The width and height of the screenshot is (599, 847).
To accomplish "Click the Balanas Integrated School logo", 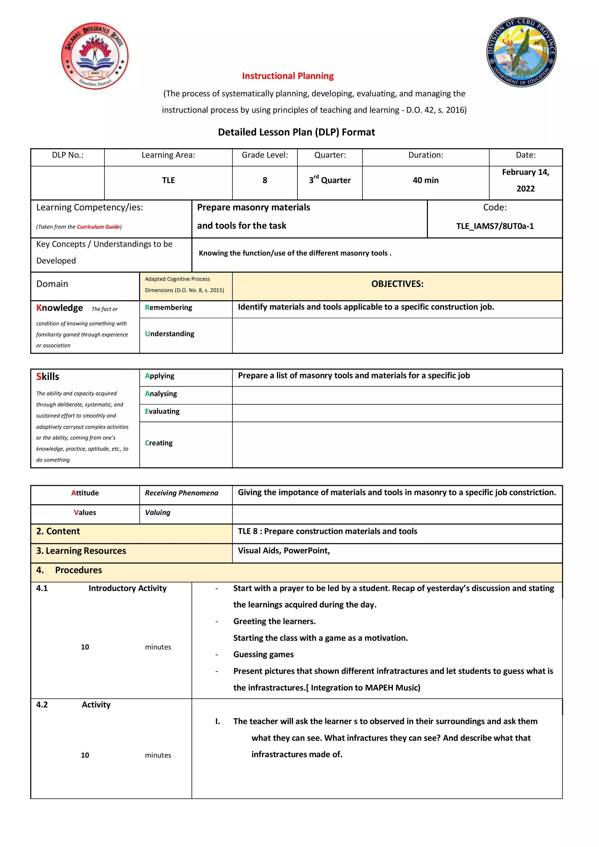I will point(95,56).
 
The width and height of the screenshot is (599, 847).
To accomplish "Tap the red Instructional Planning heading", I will point(288,76).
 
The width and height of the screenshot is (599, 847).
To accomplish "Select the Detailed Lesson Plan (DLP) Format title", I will point(296,132).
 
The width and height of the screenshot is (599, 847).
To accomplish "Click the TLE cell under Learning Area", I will point(168,180).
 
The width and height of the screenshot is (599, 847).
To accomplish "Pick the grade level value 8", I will point(265,180).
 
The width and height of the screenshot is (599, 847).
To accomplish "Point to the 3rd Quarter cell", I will point(330,180).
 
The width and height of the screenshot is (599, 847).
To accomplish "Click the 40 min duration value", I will point(425,180).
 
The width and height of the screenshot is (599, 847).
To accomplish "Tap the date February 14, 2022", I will point(525,180).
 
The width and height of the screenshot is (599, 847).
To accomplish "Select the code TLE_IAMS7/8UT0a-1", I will point(495,226).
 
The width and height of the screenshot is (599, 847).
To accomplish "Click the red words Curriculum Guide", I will point(98,227).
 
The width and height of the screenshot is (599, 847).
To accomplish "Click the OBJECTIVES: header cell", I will point(397,284).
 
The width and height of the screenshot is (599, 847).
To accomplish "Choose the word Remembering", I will point(169,308).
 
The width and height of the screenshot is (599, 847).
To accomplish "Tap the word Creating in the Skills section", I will point(159,443).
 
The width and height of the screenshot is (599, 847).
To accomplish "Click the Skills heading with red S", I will point(48,377).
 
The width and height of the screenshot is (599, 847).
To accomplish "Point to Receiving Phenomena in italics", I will point(181,493).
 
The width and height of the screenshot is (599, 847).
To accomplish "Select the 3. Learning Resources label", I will point(81,551).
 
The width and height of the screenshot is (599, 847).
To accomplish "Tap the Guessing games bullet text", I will point(263,654).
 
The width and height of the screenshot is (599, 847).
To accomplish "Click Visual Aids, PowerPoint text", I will point(283,551).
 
